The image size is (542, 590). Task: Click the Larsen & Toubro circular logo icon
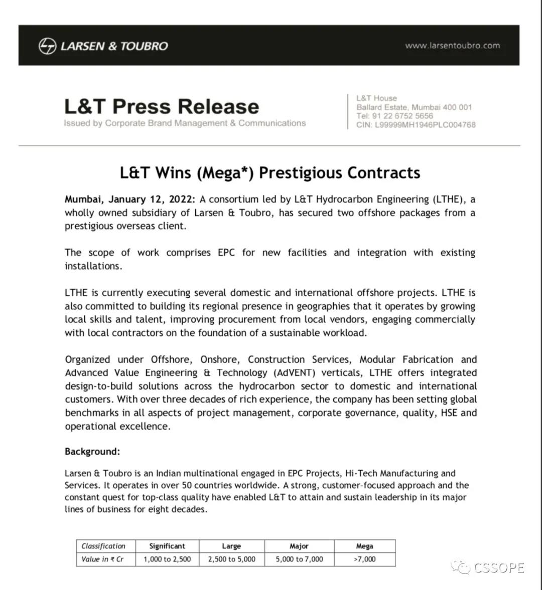click(x=47, y=46)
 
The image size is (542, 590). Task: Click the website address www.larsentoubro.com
click(x=452, y=46)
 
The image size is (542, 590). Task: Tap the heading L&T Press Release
click(x=162, y=106)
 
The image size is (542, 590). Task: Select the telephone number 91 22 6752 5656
click(x=402, y=116)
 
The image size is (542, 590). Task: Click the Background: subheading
click(x=92, y=452)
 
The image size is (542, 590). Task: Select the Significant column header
click(x=167, y=546)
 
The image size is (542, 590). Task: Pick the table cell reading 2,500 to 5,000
click(x=231, y=559)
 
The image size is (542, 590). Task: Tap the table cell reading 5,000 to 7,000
click(x=299, y=559)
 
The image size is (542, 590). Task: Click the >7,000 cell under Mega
click(x=364, y=559)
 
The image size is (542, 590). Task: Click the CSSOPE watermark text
click(x=498, y=568)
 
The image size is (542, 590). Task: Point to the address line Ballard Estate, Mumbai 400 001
click(x=414, y=107)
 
